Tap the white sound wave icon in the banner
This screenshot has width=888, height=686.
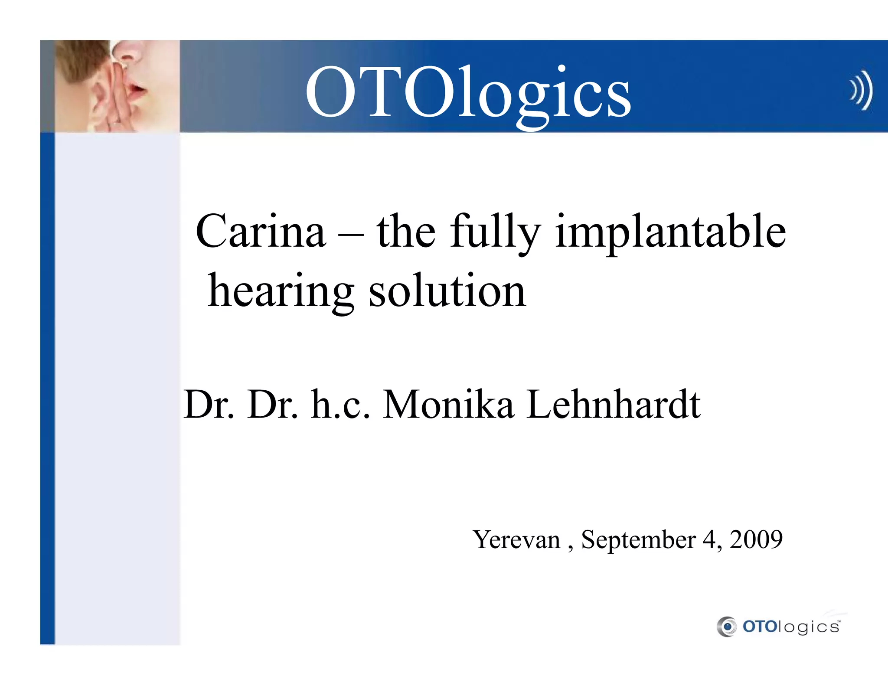861,90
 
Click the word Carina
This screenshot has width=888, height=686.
260,232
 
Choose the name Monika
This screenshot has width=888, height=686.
448,404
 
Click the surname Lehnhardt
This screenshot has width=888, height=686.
613,404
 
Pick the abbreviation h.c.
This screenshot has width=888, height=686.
340,404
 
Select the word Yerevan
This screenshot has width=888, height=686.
516,540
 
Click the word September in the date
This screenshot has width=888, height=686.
638,540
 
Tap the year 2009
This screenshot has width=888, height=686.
756,539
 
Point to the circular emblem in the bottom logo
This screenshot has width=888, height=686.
727,627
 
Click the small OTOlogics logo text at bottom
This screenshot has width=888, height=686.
791,627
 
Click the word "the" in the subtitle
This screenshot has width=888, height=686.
406,232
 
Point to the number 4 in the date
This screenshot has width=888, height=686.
709,539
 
